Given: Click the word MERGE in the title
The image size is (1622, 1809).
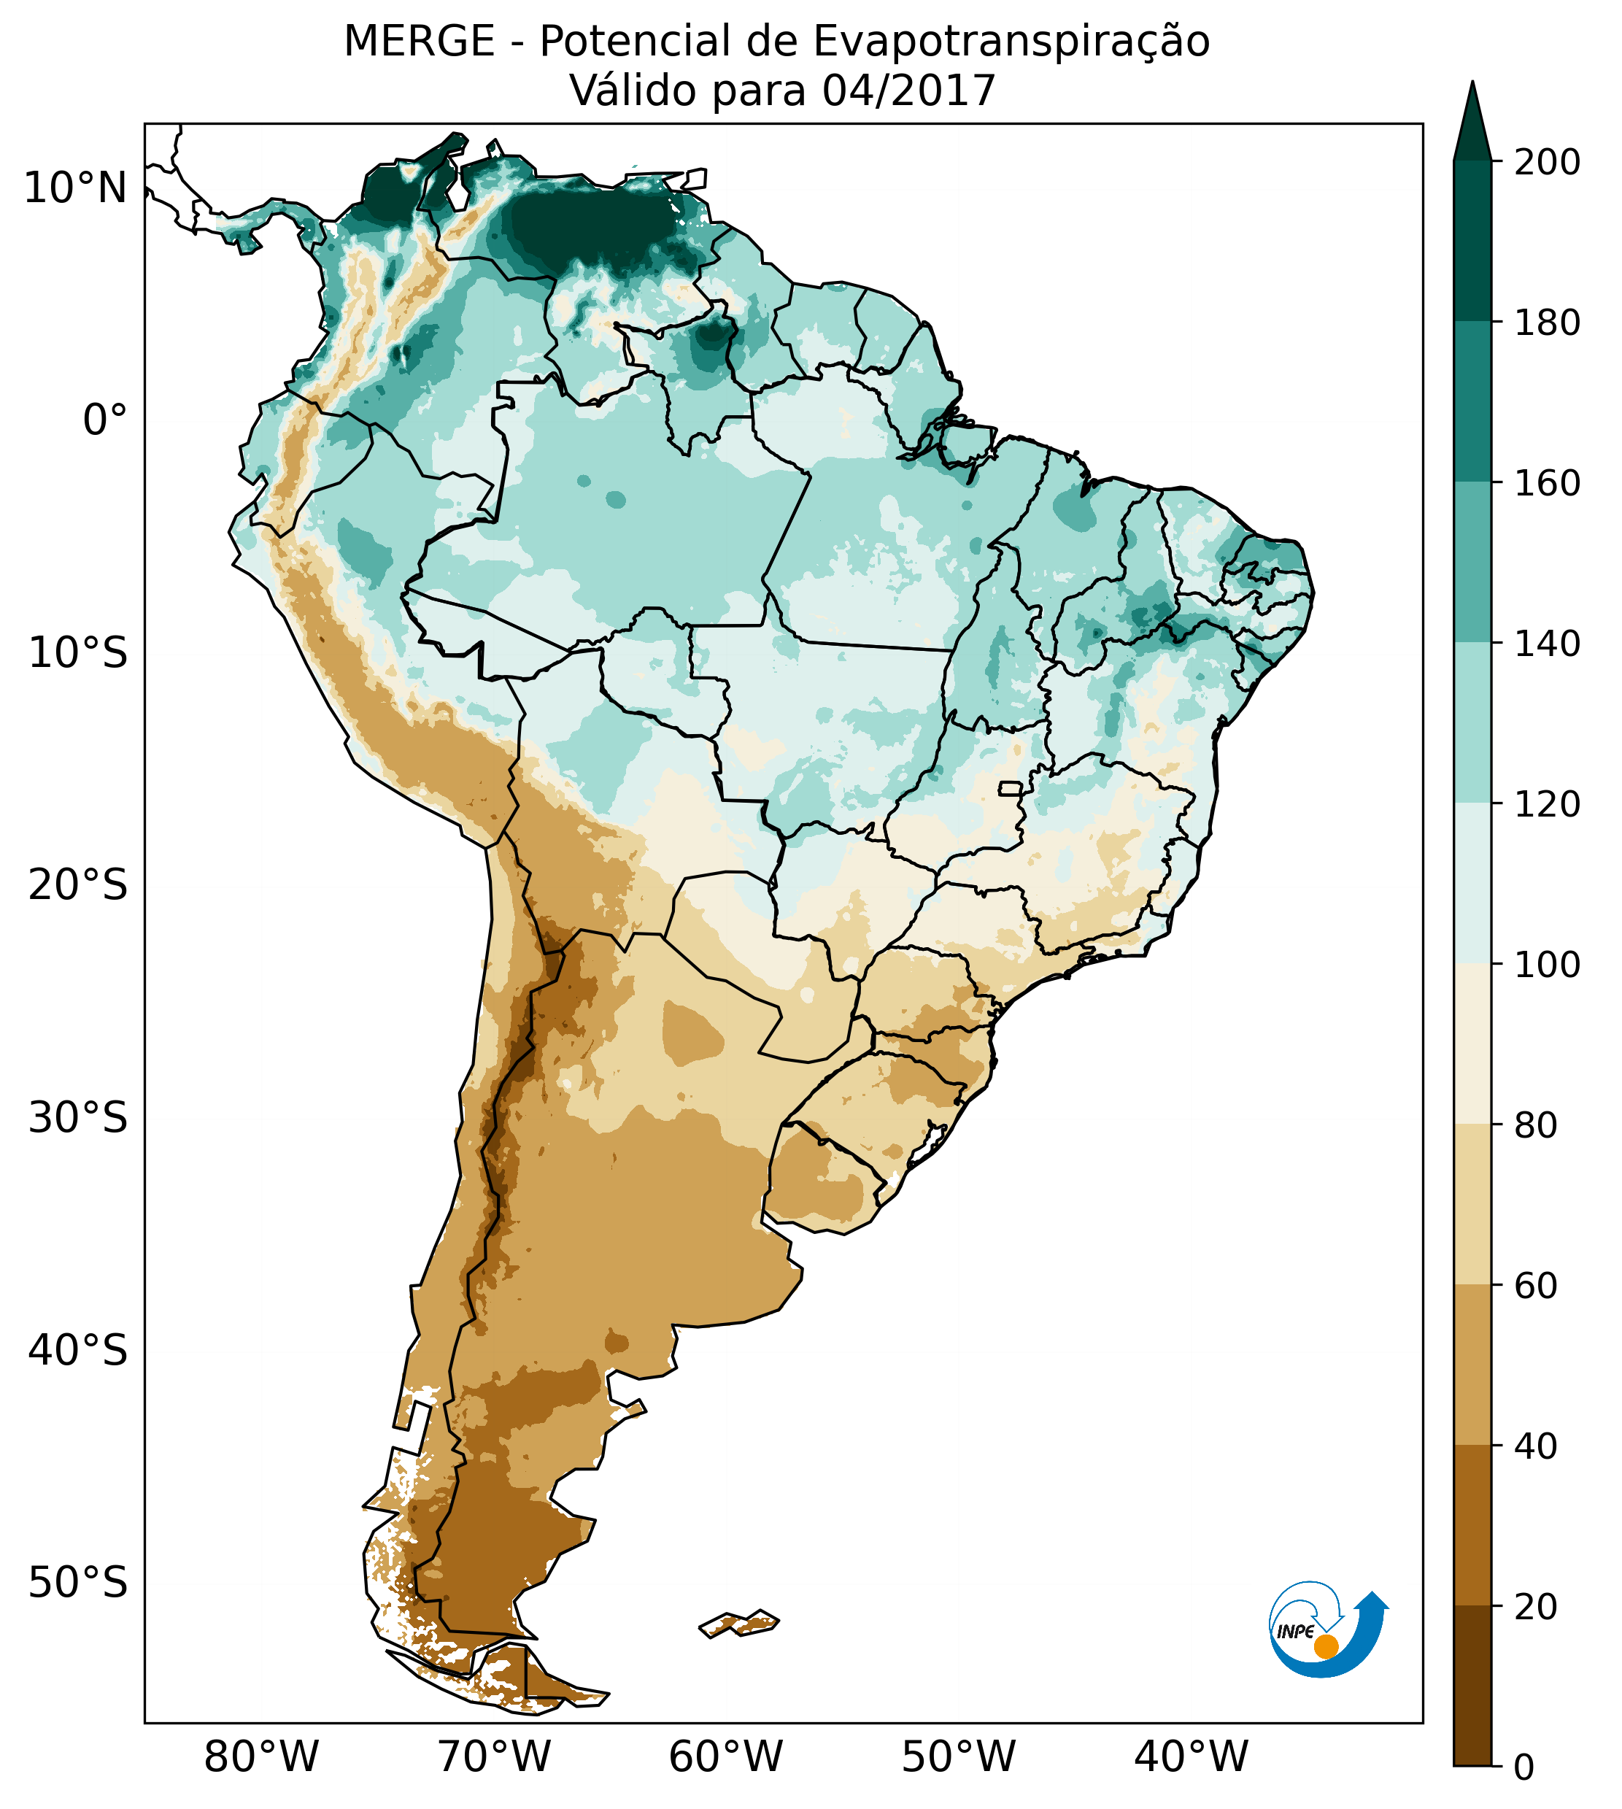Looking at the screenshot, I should pos(419,42).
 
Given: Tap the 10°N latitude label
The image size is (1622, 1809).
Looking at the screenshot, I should pos(76,189).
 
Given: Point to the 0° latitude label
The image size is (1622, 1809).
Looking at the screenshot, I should pos(105,420).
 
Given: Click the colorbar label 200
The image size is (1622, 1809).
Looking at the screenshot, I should pos(1547,163).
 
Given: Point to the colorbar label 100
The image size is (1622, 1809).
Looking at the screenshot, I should pos(1547,964).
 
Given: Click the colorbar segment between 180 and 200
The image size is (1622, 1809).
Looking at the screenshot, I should pos(1472,241).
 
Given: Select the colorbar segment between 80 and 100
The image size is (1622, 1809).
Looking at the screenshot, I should pos(1472,1044).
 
